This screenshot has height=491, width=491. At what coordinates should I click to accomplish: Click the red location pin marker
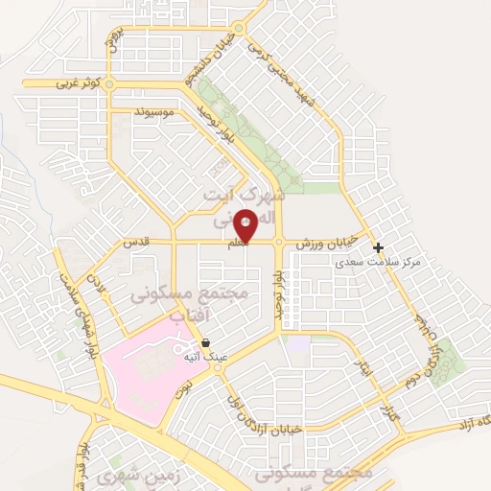tap(245, 226)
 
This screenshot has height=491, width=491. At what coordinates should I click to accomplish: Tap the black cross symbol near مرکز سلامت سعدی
tap(378, 247)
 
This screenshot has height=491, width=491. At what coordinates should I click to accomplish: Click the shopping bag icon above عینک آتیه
tap(206, 342)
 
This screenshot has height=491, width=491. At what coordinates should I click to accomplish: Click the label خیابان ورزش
tap(327, 245)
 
